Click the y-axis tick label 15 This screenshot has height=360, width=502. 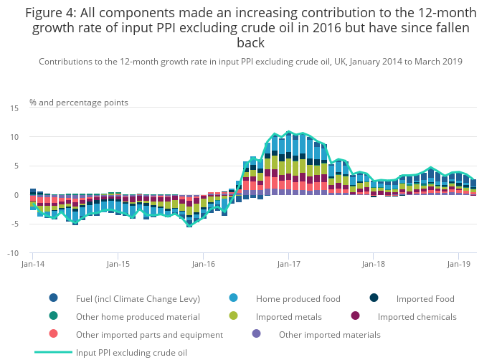[14, 108]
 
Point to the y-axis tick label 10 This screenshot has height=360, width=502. [14, 137]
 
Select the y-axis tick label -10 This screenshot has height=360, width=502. [13, 253]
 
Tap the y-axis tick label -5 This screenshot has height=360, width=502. [14, 224]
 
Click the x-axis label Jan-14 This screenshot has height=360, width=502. [33, 265]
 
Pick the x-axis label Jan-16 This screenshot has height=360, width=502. [203, 265]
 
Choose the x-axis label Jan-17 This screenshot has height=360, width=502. [288, 265]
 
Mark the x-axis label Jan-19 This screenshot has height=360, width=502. [458, 265]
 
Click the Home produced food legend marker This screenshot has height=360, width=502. [234, 298]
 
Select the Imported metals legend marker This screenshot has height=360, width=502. [234, 316]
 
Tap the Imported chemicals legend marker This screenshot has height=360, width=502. [356, 316]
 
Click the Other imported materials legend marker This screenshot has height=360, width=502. [257, 334]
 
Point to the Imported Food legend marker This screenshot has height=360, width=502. [374, 298]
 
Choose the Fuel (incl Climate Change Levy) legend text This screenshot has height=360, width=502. [138, 299]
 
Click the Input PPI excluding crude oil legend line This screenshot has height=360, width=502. [54, 352]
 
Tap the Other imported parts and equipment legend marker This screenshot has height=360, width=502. [54, 334]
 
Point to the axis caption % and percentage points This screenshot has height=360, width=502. [79, 103]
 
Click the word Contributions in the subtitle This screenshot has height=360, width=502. [67, 62]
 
